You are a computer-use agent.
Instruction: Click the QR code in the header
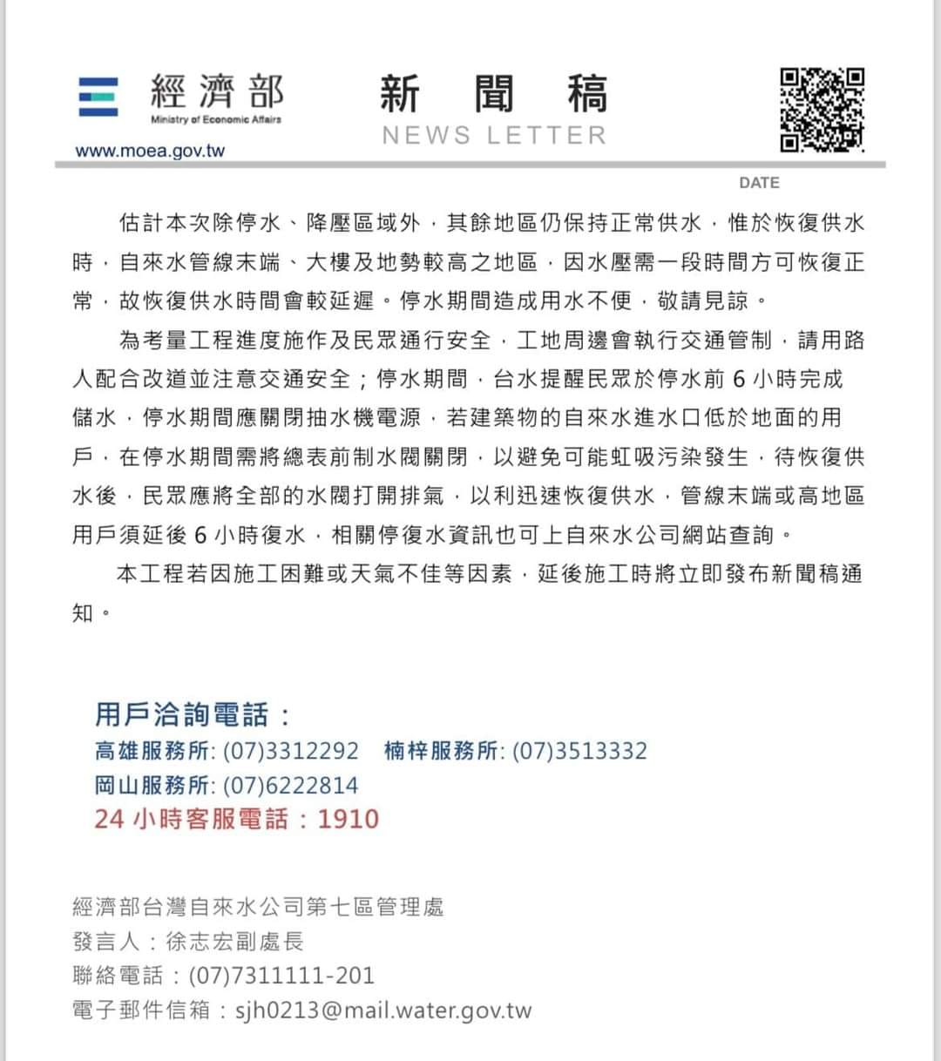(822, 110)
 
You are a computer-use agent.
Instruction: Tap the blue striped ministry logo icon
(98, 98)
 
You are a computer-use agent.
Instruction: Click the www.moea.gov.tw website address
(150, 151)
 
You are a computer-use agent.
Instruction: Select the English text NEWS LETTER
(494, 135)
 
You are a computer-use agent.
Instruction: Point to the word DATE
(759, 183)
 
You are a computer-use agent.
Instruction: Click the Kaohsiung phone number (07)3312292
(291, 751)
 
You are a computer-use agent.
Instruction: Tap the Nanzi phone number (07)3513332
(579, 751)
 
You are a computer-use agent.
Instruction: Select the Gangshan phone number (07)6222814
(291, 786)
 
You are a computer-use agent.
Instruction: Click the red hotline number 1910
(348, 819)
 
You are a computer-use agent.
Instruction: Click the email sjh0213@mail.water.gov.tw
(383, 1010)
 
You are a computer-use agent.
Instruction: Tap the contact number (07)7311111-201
(281, 976)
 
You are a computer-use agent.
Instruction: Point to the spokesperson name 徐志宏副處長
(234, 942)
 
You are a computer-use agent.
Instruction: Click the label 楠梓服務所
(441, 751)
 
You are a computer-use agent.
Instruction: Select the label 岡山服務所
(152, 786)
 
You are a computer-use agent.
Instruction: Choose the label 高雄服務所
(152, 751)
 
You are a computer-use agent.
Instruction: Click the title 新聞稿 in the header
(494, 94)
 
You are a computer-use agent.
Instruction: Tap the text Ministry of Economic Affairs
(216, 119)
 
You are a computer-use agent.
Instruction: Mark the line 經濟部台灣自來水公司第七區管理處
(258, 907)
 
